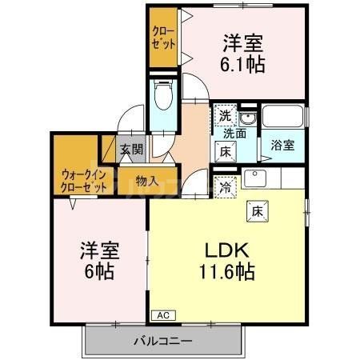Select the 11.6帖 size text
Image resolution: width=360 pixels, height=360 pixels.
[227, 273]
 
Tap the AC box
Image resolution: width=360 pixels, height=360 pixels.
[162, 314]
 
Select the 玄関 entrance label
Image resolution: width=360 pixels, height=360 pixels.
[131, 149]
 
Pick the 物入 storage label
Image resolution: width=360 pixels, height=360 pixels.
[147, 180]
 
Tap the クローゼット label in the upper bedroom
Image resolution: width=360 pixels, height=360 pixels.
[165, 38]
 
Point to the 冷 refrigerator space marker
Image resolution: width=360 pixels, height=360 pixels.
[226, 186]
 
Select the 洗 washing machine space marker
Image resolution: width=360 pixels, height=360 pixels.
[226, 117]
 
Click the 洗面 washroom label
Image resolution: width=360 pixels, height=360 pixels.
[234, 133]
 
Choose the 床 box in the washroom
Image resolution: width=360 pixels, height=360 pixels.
[226, 150]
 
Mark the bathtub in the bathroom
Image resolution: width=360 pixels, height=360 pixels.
[282, 117]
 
